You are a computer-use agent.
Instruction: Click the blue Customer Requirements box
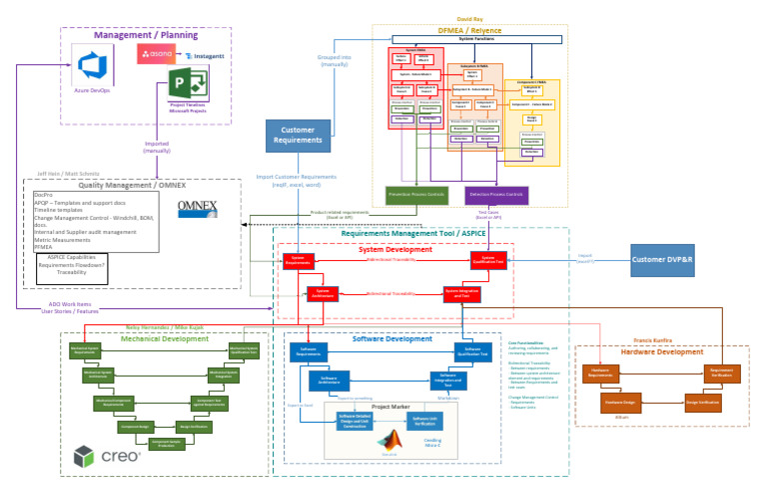(298, 136)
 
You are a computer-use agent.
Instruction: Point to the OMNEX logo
(204, 208)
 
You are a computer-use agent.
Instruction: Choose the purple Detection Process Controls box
(496, 193)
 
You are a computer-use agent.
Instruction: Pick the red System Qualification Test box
(490, 260)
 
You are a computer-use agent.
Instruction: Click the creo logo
(107, 457)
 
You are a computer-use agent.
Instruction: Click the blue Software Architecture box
(328, 380)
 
